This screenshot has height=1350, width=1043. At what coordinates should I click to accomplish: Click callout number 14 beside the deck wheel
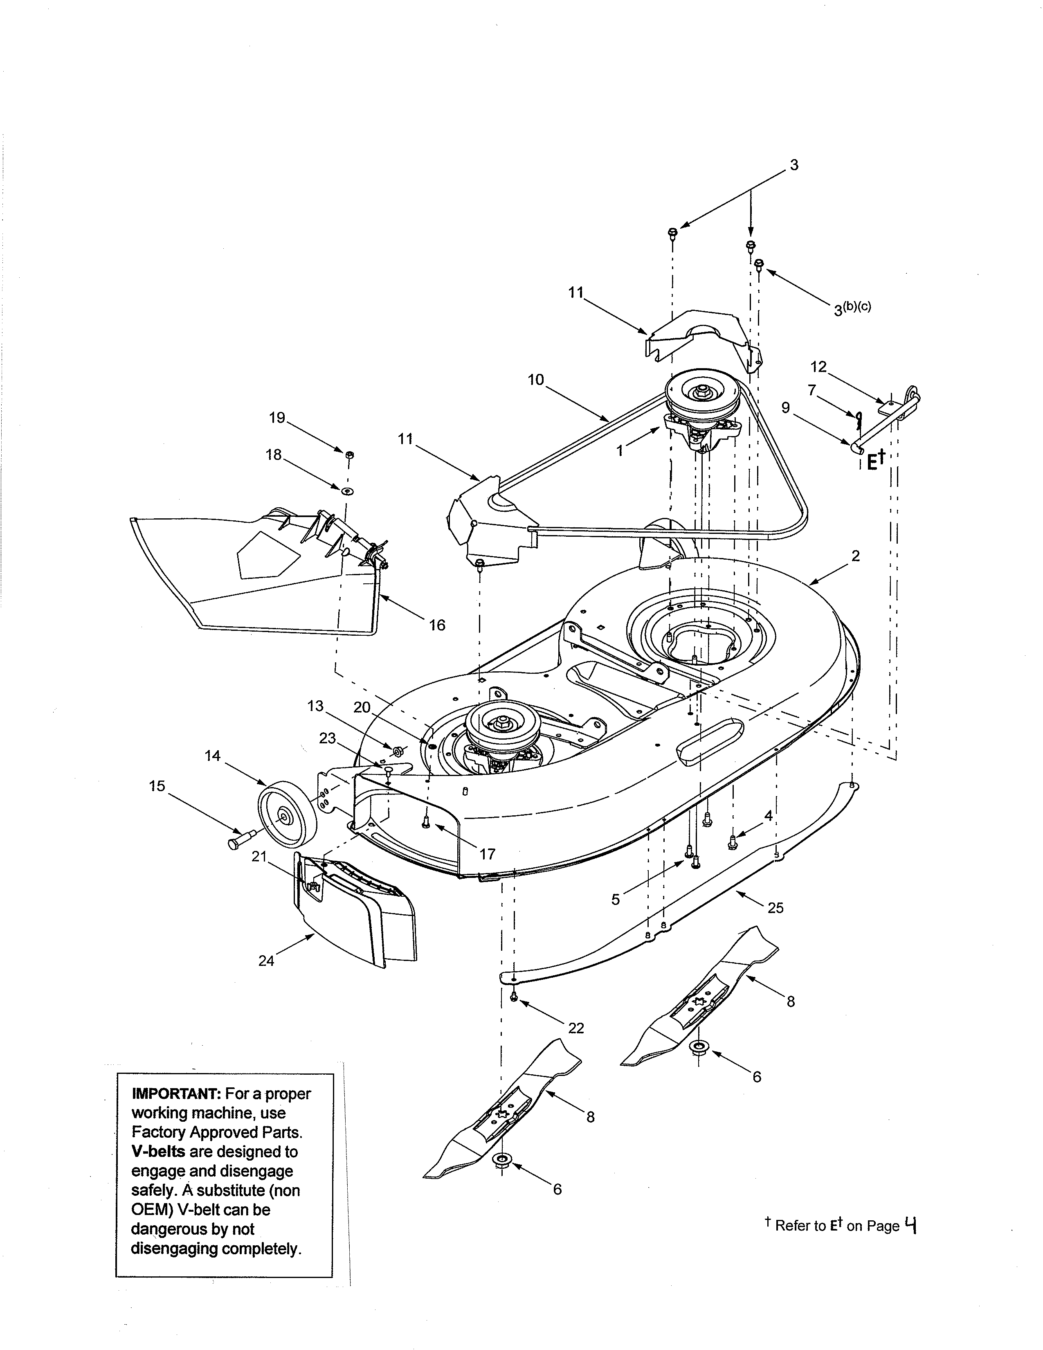coord(213,755)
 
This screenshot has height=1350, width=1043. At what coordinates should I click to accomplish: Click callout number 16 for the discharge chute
coord(437,625)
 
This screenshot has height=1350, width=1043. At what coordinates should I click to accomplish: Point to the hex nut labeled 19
coord(349,455)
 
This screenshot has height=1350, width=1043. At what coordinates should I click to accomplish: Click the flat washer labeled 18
coord(346,491)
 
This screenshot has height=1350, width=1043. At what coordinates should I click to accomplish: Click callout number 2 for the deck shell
coord(855,556)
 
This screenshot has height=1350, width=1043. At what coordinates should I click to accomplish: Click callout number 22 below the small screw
coord(576,1027)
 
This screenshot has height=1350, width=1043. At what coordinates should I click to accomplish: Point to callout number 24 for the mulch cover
coord(266,961)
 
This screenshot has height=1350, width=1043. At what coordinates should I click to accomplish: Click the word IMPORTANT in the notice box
coord(176,1093)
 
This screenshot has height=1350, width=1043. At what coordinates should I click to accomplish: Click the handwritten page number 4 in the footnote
coord(910,1224)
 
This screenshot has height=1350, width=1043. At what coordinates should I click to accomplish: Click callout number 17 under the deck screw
coord(488,854)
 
